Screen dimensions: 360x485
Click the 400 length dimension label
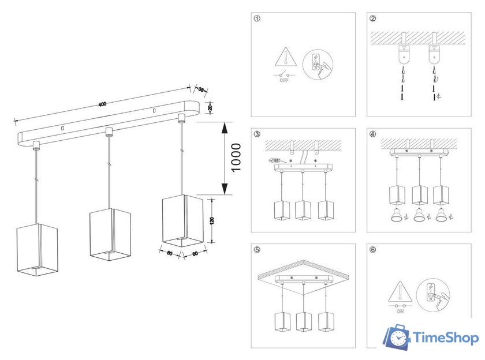coord(102,104)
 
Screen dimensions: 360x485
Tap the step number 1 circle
coord(257,18)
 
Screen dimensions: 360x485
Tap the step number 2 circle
coord(373,18)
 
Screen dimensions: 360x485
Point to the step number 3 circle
coord(257,134)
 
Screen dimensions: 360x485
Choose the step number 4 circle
coord(373,134)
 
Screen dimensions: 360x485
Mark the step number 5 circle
coord(257,250)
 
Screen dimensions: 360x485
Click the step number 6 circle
coord(373,250)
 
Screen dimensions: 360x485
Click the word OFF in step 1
coord(283,81)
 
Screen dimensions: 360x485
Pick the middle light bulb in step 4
coord(420,216)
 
